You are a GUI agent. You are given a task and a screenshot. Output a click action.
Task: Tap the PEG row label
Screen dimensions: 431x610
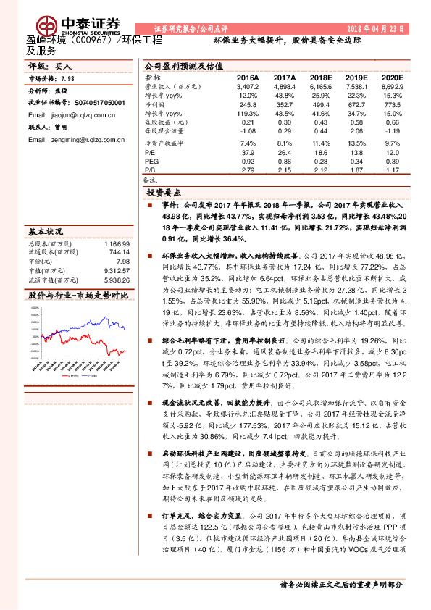(x=152, y=162)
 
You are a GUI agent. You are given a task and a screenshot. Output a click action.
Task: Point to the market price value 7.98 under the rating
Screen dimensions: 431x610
(x=67, y=78)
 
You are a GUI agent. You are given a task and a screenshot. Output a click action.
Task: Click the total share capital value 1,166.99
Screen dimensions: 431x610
(x=117, y=245)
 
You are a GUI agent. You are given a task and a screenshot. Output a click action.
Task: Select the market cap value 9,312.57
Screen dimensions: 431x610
(x=117, y=270)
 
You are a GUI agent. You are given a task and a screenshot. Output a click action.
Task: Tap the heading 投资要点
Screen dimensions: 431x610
(x=164, y=194)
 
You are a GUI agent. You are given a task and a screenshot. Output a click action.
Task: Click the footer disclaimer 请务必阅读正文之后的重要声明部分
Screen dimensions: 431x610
(x=340, y=585)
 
